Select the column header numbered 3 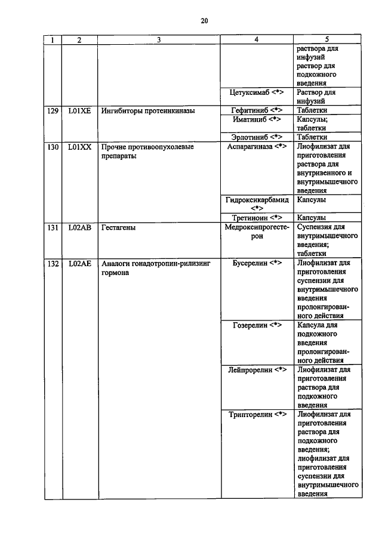pyautogui.click(x=159, y=40)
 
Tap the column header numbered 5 pyautogui.click(x=327, y=40)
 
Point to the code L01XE pyautogui.click(x=79, y=110)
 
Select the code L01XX pyautogui.click(x=79, y=146)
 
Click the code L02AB pyautogui.click(x=79, y=227)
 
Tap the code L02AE pyautogui.click(x=79, y=263)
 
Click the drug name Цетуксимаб pyautogui.click(x=249, y=92)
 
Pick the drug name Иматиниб pyautogui.click(x=250, y=119)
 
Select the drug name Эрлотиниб pyautogui.click(x=249, y=137)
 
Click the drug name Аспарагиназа pyautogui.click(x=250, y=146)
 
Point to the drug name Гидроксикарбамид pyautogui.click(x=257, y=200)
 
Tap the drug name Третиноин pyautogui.click(x=250, y=218)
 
